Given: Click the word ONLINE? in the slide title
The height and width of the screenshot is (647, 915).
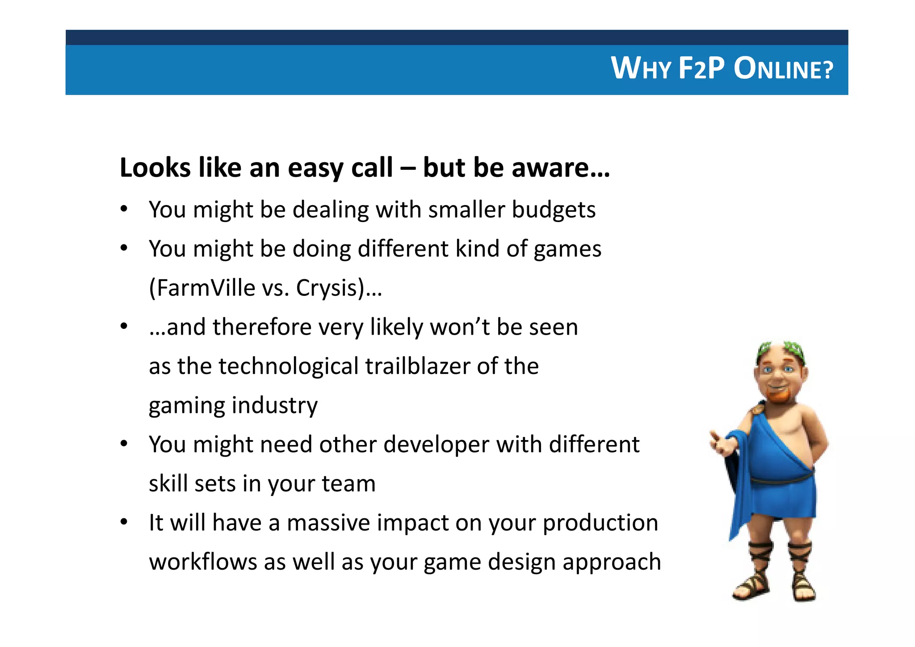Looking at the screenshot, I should [783, 69].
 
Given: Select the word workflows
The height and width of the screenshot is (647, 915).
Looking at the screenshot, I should [203, 562].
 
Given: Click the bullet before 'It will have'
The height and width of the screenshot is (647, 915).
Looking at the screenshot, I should [124, 521].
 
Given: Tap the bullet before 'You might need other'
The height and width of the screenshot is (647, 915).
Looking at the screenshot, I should [124, 443].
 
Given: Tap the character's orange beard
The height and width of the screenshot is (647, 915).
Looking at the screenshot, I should [778, 395].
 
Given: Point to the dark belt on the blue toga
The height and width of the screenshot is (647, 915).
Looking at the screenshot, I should [782, 479].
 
